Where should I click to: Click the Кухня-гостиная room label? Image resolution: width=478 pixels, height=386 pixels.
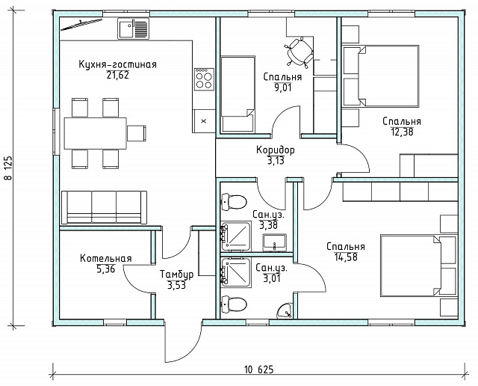[x=118, y=64]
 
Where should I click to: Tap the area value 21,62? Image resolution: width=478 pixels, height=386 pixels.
[x=118, y=75]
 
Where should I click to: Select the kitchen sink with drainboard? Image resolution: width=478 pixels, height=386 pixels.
[x=134, y=28]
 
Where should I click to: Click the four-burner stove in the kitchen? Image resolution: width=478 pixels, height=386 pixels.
[x=204, y=79]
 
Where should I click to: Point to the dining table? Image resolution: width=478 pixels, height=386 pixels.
[x=95, y=133]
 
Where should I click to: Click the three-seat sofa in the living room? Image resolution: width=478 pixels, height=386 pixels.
[x=104, y=207]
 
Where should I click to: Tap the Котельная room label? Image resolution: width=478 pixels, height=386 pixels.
[x=106, y=258]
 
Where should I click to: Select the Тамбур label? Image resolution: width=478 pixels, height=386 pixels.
[x=176, y=275]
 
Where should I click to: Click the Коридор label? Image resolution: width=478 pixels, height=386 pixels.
[x=276, y=150]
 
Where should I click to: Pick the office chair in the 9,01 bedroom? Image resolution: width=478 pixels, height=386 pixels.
[x=299, y=52]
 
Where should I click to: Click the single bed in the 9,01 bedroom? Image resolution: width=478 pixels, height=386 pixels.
[x=238, y=94]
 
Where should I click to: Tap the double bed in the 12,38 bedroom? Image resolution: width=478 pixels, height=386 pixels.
[x=380, y=76]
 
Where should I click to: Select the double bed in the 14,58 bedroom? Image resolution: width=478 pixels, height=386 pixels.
[x=419, y=266]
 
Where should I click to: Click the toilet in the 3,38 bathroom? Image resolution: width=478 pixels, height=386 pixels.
[x=234, y=201]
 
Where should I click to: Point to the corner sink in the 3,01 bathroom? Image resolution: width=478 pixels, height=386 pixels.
[x=285, y=310]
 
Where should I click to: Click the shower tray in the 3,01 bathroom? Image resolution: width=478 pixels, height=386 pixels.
[x=236, y=272]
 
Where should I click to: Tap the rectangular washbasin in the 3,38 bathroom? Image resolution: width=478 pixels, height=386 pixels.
[x=275, y=242]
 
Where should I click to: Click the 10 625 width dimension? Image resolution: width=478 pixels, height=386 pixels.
[x=259, y=370]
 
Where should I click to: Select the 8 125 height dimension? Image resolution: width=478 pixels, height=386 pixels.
[x=8, y=168]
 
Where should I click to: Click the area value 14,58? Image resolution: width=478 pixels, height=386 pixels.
[x=346, y=257]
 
